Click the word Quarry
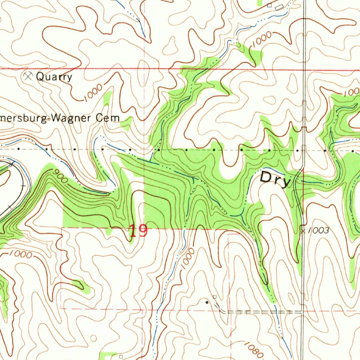tap(54, 77)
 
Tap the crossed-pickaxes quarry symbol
tap(28, 76)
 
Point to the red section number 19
tap(138, 231)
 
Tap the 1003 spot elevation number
tap(319, 231)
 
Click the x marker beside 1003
tap(303, 231)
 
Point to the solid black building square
tap(207, 302)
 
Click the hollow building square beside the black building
tap(214, 297)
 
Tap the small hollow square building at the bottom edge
tap(121, 356)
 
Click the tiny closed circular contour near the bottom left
tap(93, 338)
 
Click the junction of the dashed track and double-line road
tap(302, 311)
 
